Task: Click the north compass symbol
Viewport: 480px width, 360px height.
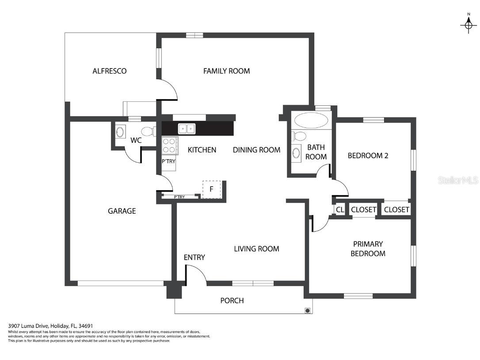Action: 468,25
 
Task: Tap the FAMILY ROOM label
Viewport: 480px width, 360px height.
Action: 226,71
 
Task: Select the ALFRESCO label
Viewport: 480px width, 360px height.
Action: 109,71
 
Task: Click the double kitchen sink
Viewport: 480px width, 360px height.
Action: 187,129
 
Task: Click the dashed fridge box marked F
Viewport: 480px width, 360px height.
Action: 211,189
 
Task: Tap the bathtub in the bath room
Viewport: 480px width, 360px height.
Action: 311,121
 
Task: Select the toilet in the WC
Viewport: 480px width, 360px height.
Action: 147,131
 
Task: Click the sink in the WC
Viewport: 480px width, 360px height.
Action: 120,131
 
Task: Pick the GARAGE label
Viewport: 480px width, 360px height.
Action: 122,211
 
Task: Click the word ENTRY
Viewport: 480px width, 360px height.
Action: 194,257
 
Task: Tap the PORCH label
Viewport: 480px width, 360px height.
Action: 232,301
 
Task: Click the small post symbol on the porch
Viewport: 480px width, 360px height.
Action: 307,310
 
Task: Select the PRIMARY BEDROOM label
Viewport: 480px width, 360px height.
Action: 368,249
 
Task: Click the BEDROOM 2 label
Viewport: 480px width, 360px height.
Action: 368,156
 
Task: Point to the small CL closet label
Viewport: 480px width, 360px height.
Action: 339,210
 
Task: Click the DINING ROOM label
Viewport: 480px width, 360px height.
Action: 256,150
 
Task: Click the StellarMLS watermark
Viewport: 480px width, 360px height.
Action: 458,180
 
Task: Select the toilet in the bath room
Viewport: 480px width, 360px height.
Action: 299,136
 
